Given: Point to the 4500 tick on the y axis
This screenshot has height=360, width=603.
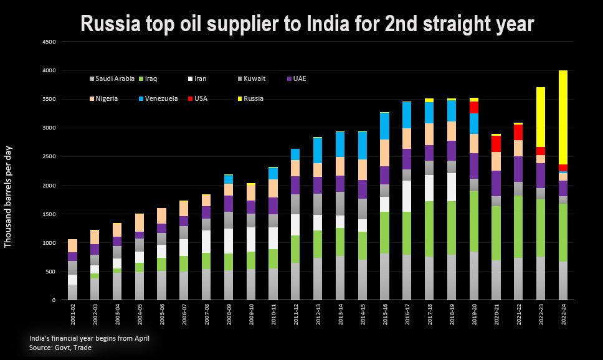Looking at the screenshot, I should [x=49, y=42].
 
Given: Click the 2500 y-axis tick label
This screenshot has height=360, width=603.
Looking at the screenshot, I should [x=49, y=157].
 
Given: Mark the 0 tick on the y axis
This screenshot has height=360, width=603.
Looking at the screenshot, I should [x=54, y=300].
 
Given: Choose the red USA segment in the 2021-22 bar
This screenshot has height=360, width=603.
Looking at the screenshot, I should [x=518, y=132].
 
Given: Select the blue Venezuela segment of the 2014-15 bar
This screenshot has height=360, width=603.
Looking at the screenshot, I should [x=363, y=146].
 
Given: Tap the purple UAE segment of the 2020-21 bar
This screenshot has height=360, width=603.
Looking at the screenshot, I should [x=496, y=183].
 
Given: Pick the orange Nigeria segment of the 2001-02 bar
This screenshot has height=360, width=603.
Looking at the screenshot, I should [x=73, y=245].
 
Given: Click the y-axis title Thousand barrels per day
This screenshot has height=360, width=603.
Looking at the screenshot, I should [x=9, y=197].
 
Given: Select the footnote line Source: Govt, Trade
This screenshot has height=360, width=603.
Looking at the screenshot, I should [x=60, y=348].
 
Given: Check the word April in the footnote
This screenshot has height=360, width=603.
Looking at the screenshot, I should [x=140, y=338].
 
